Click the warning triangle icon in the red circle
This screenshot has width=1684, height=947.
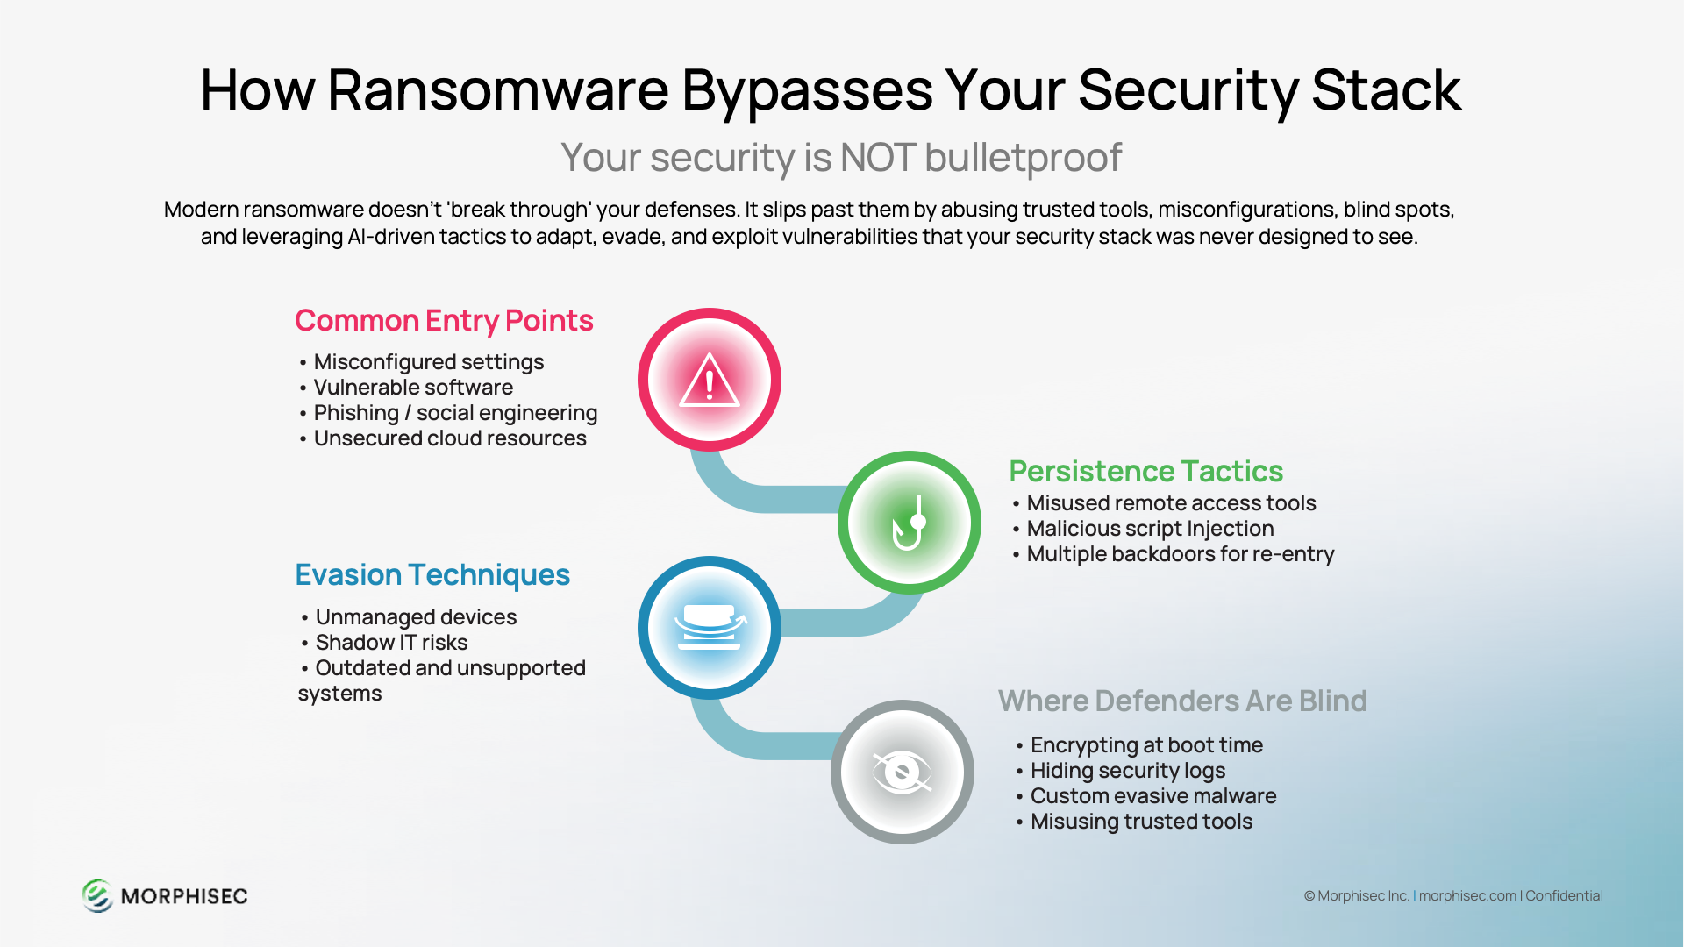(710, 381)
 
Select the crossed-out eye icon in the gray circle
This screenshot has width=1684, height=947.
(902, 773)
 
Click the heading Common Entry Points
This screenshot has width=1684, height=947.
(444, 321)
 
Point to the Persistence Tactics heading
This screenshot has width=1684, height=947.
(1145, 472)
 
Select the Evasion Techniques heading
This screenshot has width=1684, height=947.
(432, 575)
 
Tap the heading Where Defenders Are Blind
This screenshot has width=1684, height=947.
(1182, 701)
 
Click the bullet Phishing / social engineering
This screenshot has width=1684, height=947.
(455, 413)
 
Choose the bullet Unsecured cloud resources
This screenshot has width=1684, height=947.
(450, 438)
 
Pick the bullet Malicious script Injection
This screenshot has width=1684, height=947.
(1150, 529)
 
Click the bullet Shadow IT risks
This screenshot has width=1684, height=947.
(391, 643)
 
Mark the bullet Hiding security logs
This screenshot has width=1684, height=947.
(1128, 771)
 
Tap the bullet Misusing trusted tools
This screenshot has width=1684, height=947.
(1141, 822)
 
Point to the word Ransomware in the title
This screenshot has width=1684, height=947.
(498, 90)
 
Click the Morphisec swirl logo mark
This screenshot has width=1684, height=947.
(97, 896)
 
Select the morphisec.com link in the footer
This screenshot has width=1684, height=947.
(1467, 896)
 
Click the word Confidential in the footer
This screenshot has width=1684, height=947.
(1564, 896)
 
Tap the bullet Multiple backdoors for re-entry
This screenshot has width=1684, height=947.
(1181, 554)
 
